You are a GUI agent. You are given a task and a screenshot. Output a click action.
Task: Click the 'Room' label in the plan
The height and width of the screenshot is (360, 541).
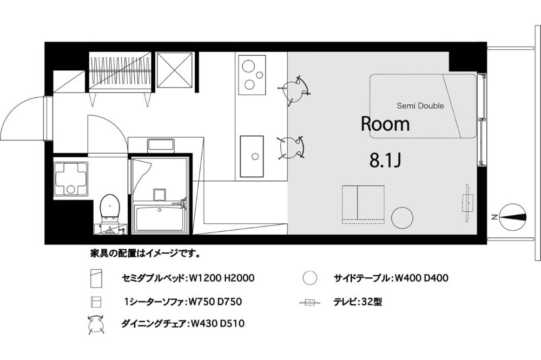coord(385,124)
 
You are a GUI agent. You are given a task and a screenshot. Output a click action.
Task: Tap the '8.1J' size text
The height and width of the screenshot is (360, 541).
coord(385,161)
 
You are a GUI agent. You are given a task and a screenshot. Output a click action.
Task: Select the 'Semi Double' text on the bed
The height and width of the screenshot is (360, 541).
coord(420,105)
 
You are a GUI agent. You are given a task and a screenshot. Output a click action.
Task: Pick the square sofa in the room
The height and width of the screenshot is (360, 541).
coord(363,204)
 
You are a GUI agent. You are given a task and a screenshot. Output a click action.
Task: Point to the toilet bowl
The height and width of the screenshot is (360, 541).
coord(109,206)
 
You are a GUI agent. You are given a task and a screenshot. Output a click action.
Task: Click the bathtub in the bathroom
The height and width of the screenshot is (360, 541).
coord(160,219)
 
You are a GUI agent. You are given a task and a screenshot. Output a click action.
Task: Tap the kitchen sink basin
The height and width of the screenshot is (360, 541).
coord(252,156)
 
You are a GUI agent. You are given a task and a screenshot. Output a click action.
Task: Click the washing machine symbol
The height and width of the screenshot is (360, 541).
coord(71,178)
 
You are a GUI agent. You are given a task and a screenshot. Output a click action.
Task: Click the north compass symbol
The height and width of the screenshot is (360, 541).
coord(511,217)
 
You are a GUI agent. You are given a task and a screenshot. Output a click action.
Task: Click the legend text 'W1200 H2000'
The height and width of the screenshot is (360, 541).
coord(222,278)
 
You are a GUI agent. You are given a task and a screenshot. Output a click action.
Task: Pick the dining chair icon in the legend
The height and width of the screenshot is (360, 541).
coord(96,324)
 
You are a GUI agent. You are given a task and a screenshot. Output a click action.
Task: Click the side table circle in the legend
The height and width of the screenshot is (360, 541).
coord(309,278)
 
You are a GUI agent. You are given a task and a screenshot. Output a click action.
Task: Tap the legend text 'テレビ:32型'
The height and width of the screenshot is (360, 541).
coord(358,302)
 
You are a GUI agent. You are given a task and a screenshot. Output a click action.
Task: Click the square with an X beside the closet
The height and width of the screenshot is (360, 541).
coord(175,70)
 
